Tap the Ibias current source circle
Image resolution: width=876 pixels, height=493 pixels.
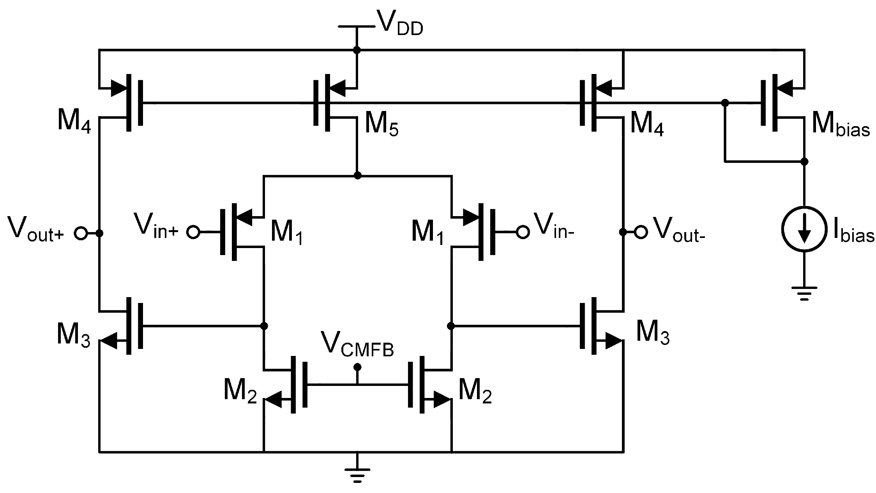tap(804, 229)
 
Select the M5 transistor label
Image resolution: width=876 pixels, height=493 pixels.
tap(381, 124)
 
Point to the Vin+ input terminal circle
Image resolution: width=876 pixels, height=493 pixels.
tap(193, 232)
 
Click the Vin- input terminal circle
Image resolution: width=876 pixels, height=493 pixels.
tap(523, 232)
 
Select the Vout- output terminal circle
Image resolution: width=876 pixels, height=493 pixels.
tap(641, 232)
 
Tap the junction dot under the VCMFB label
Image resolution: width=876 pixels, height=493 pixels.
tap(357, 367)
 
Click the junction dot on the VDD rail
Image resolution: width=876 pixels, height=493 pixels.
tap(356, 50)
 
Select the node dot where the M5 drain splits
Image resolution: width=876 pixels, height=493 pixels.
tap(357, 176)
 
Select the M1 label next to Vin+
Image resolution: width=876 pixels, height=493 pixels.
tap(286, 233)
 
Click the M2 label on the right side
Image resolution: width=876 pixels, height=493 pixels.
tap(475, 391)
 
